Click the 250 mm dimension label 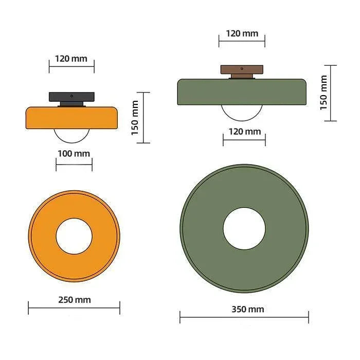[74, 300]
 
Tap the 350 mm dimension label [244, 309]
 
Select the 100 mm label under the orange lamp [74, 153]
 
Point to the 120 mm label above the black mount [71, 58]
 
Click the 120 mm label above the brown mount [242, 33]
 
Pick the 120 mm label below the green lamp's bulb [244, 132]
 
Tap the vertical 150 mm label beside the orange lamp [135, 118]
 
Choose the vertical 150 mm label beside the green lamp [323, 93]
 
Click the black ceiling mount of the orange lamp [71, 97]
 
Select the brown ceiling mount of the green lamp [242, 69]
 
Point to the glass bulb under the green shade [242, 112]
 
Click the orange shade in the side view [71, 118]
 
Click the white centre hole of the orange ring [74, 236]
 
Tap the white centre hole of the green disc [244, 229]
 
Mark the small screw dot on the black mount [71, 96]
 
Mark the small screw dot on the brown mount [242, 68]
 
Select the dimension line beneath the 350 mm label [244, 317]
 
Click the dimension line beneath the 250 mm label [74, 308]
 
